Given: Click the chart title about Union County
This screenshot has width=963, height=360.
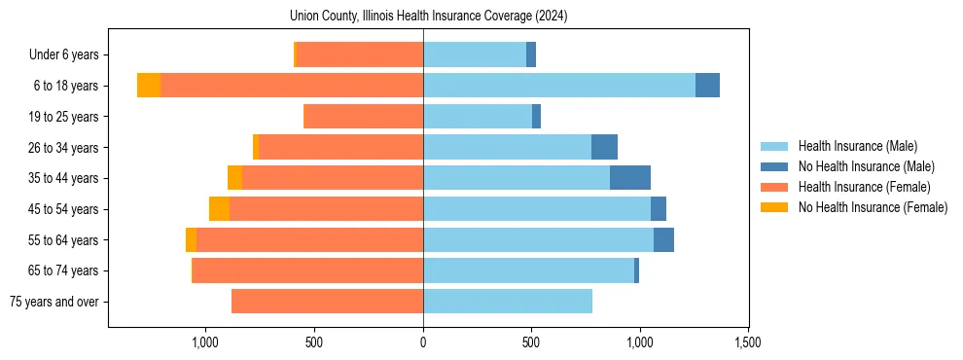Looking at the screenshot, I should (428, 16).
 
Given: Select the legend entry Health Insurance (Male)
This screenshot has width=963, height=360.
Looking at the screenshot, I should (857, 146).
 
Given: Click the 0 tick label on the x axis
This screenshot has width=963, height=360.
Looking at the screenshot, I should (423, 342).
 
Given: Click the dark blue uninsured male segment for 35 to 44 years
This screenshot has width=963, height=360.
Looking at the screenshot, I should (629, 178).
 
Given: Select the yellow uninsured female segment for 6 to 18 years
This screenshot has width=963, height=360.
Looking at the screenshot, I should (149, 86).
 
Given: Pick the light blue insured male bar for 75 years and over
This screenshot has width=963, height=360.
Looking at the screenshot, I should (508, 302).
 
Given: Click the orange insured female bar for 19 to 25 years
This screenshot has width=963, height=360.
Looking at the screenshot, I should (363, 117).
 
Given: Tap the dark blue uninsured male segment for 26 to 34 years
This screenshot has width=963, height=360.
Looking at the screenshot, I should (604, 147).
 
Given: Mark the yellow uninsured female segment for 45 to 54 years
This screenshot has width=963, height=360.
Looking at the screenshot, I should (219, 209).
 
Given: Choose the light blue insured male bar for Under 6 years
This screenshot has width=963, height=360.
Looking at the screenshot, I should (475, 54).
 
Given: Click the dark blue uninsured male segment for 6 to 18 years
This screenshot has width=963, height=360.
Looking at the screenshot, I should (707, 86).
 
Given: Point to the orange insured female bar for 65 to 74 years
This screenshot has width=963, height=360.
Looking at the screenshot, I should (307, 270).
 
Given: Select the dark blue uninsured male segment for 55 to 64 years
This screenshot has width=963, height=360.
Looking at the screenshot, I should (663, 240).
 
